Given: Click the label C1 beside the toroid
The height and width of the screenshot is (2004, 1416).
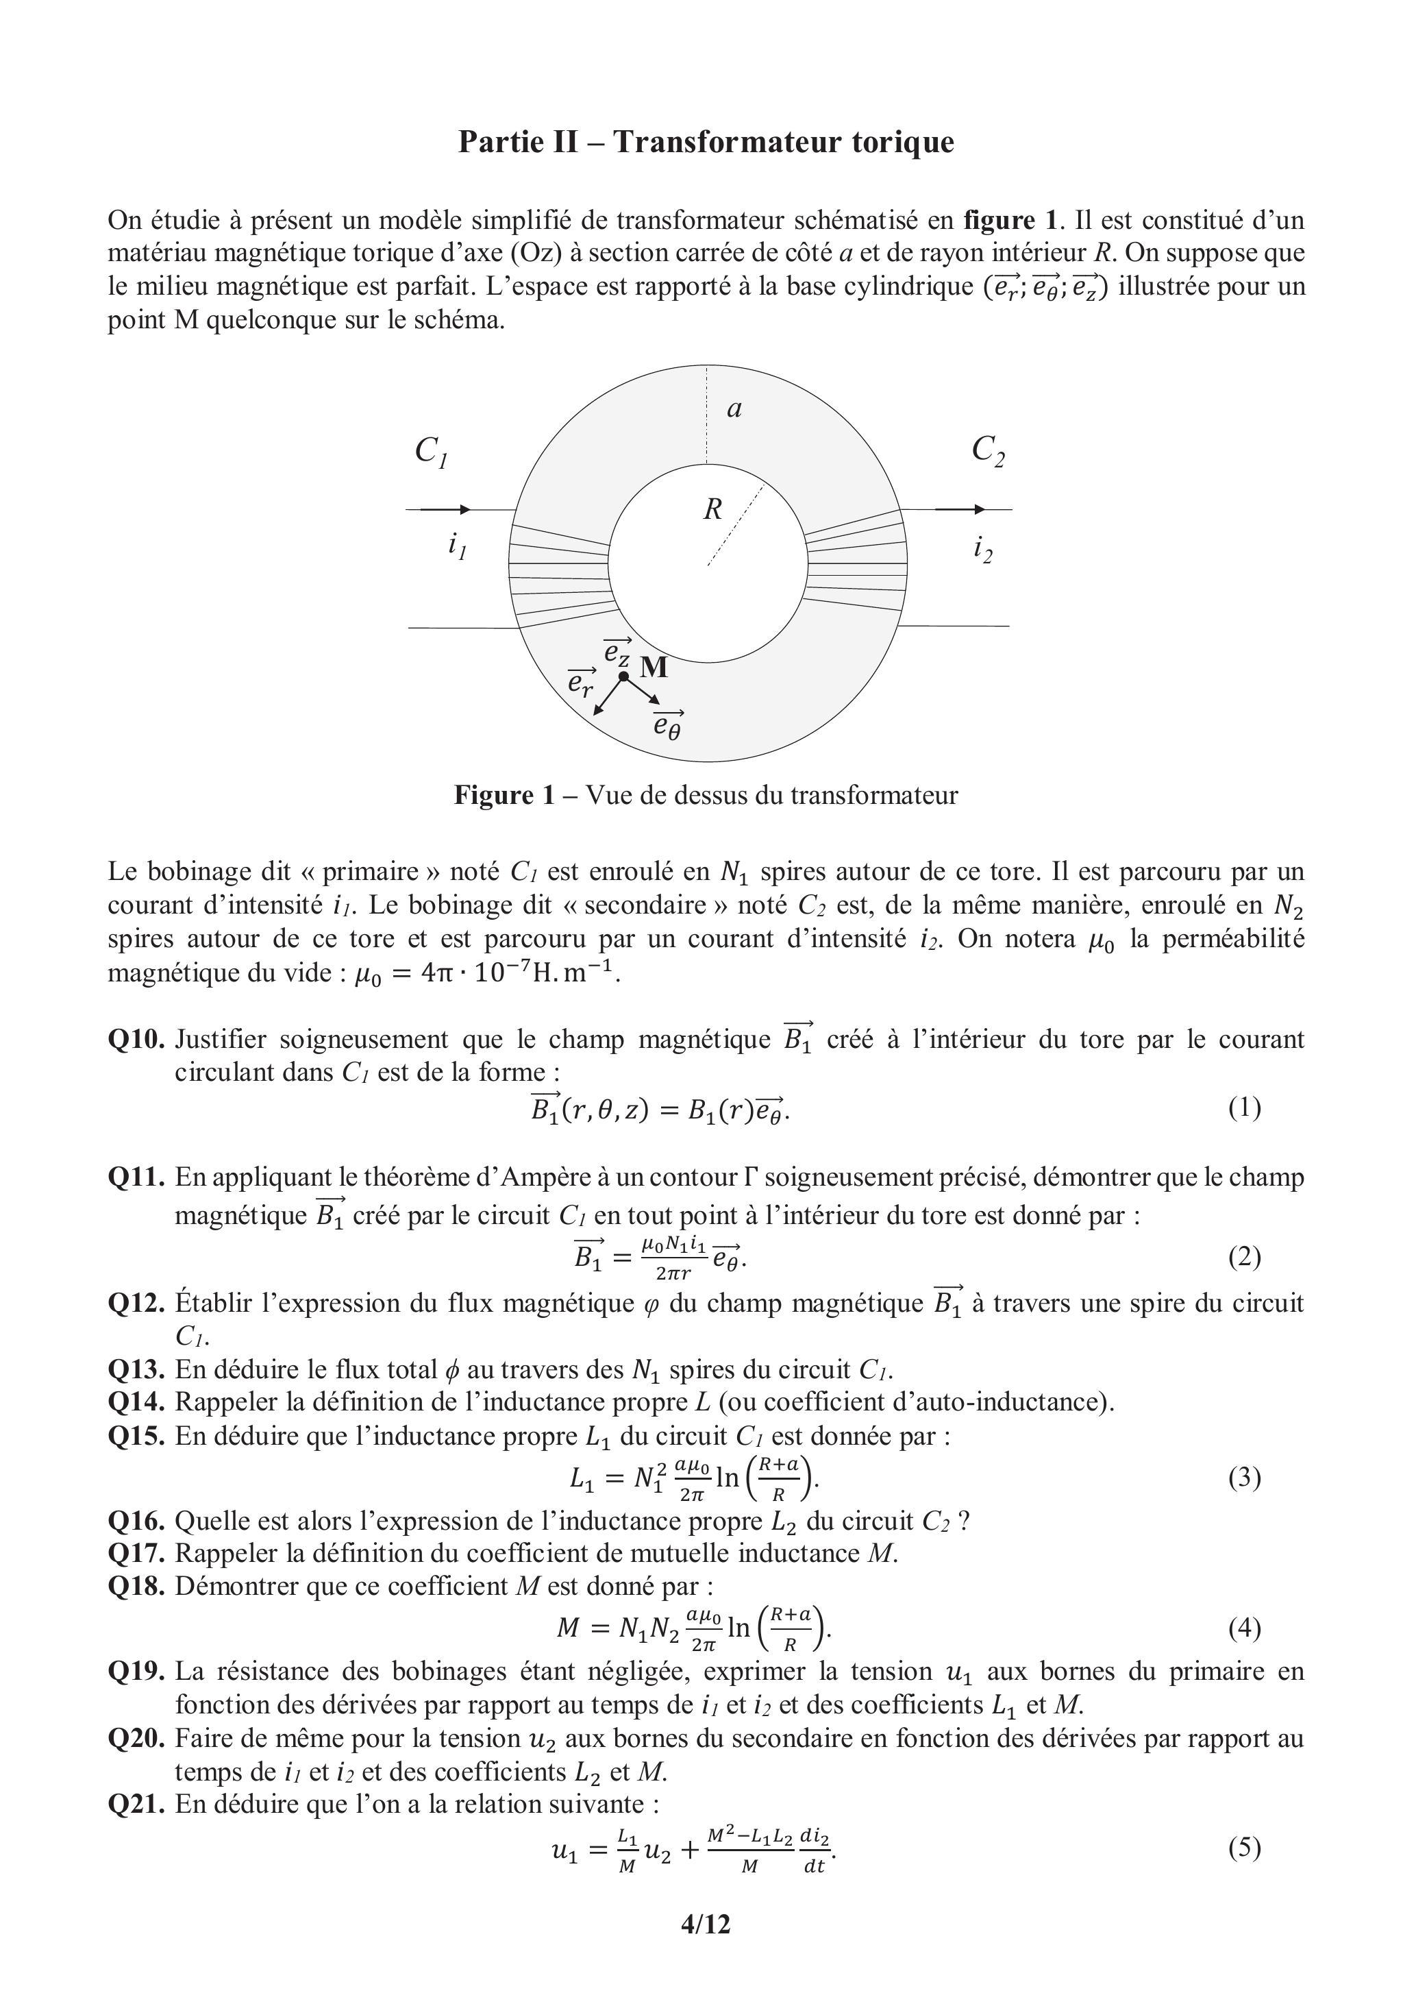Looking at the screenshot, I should (431, 452).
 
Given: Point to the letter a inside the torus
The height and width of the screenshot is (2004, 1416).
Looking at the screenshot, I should (734, 408).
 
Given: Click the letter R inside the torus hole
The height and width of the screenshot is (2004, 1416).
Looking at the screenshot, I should (713, 509).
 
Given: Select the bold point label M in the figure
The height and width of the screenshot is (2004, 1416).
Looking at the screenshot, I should (654, 668).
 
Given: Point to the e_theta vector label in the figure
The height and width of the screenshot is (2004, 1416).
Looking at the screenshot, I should (669, 724).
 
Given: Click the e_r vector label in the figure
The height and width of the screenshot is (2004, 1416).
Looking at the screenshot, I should (580, 683).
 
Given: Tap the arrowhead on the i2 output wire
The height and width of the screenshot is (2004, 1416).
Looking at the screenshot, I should (980, 509).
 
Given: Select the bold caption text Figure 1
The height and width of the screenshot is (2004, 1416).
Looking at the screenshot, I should (504, 795).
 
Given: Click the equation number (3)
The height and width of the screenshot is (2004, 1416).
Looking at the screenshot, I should (1244, 1477).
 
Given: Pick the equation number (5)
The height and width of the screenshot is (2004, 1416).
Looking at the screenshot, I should (1244, 1847).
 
